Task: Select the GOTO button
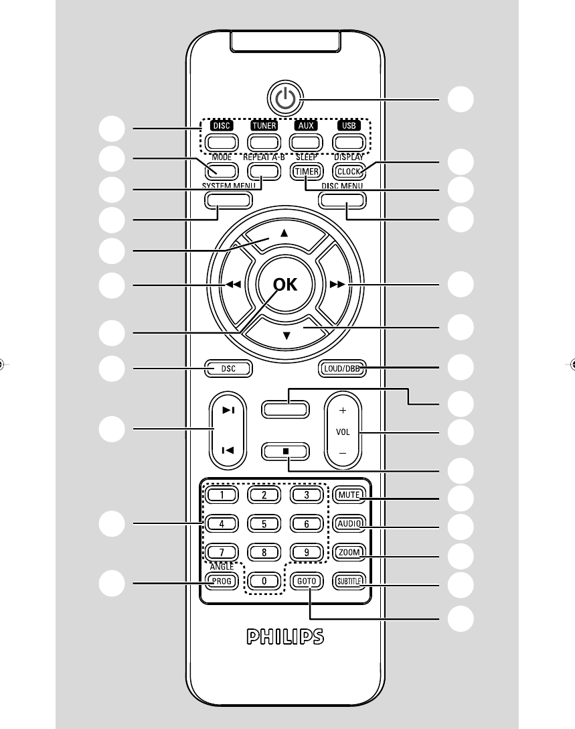[307, 581]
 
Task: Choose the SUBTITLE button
[349, 581]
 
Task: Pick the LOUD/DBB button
[342, 368]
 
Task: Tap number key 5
[264, 524]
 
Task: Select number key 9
[307, 553]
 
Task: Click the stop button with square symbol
[286, 451]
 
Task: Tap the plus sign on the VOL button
[343, 409]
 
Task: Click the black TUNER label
[264, 125]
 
